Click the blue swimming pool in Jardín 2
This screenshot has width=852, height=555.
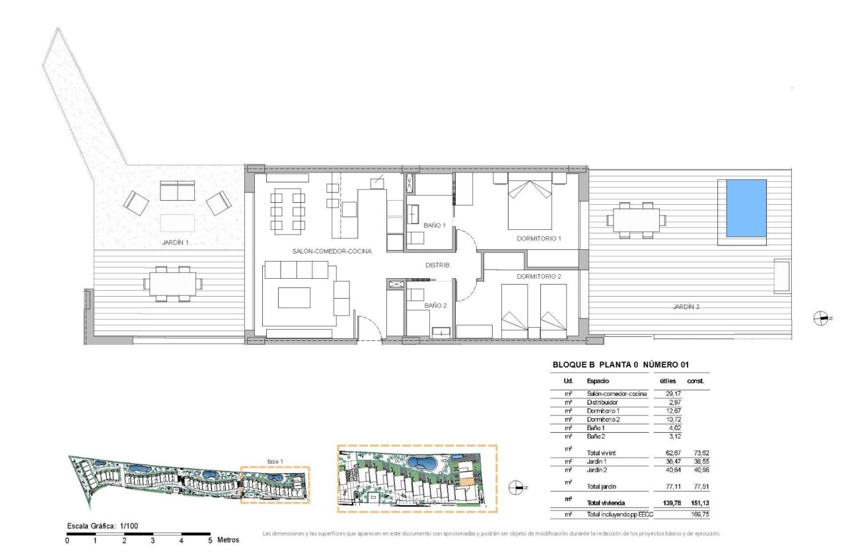coord(746,207)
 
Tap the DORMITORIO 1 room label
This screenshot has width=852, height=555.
coord(538,238)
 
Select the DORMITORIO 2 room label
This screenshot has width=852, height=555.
coord(539,276)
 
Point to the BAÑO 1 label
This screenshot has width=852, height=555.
coord(435,225)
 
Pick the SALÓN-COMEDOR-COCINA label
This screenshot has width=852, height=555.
coord(332,251)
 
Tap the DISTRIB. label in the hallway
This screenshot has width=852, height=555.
coord(437,264)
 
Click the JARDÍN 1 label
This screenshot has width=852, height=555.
coord(176,242)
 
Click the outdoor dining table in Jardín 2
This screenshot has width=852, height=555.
coord(636,219)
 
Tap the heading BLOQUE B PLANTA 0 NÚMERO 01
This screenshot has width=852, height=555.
coord(620,364)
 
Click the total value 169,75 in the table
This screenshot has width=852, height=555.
coord(699,513)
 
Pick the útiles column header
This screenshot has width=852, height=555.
coord(668,381)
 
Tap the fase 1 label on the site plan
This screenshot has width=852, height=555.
coord(275,461)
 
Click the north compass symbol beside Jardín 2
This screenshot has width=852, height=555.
coord(821,318)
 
